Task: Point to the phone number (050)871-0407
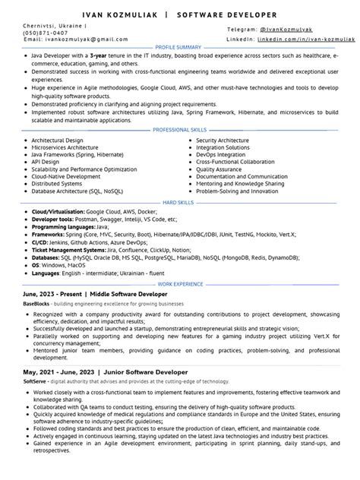[46, 33]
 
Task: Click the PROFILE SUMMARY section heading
[179, 47]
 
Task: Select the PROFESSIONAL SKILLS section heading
[179, 130]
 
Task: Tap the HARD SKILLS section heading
[179, 202]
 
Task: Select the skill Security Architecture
[226, 141]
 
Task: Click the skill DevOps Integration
[222, 154]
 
